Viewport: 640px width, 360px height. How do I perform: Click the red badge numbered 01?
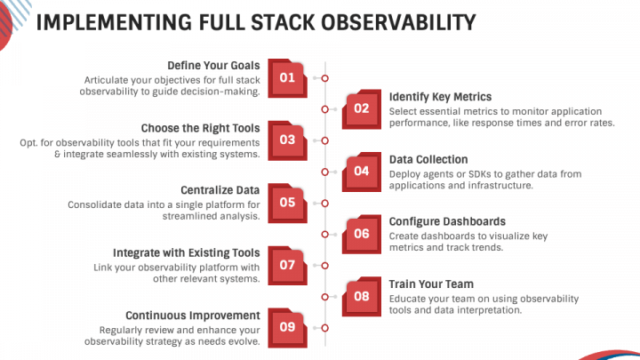(x=288, y=77)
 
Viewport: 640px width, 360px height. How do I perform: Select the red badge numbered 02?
(x=361, y=108)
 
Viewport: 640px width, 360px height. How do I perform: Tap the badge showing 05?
(x=288, y=202)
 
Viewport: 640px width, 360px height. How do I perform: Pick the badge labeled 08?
(x=361, y=295)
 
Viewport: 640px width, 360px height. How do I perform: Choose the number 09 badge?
(x=288, y=326)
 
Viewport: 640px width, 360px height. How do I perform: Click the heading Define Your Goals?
(x=213, y=65)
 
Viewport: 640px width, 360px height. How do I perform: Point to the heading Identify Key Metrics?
(x=440, y=96)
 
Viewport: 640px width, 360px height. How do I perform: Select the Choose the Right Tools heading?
(x=200, y=127)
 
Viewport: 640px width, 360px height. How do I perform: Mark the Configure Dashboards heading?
(x=447, y=221)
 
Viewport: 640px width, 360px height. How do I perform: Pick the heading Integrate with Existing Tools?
(x=186, y=252)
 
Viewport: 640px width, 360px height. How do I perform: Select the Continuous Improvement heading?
(x=192, y=315)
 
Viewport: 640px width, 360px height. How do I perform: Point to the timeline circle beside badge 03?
(x=325, y=140)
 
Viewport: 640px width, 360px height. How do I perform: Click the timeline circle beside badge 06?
(x=325, y=234)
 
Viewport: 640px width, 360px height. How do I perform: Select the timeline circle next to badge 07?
(x=325, y=265)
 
